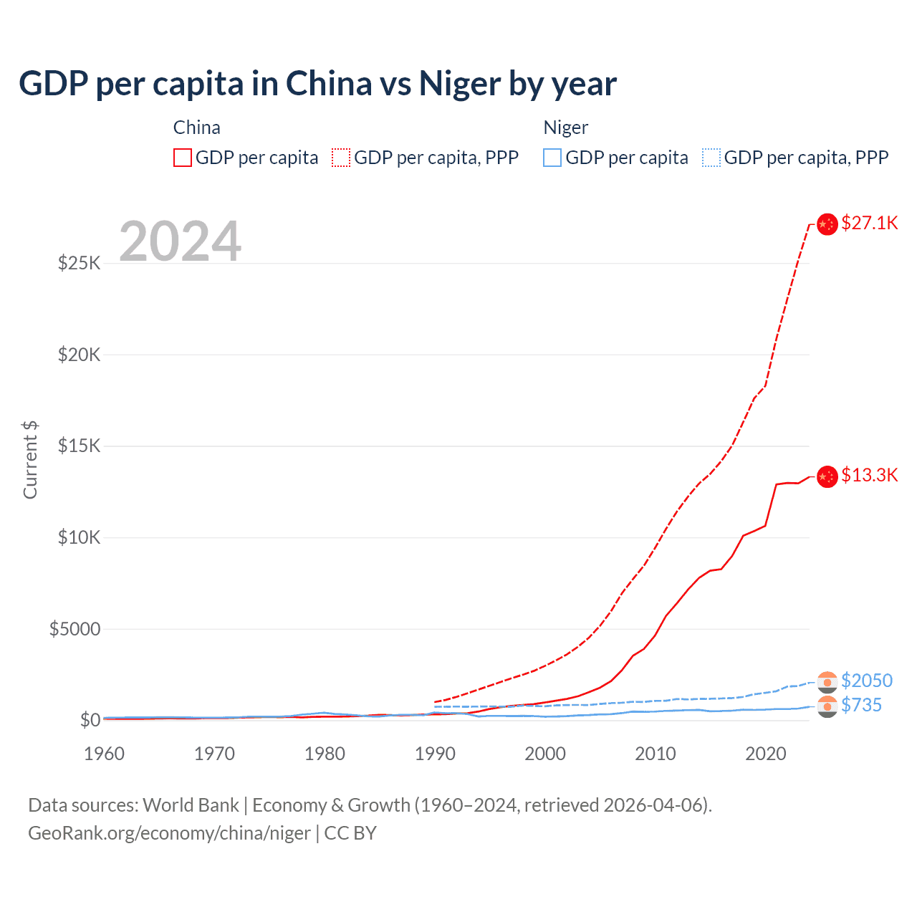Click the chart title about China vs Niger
click(x=317, y=84)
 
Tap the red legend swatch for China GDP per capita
click(x=183, y=158)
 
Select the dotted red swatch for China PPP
click(x=341, y=158)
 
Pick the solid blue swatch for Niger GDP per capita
click(x=552, y=158)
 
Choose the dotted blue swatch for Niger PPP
click(x=711, y=158)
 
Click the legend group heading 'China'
click(x=196, y=128)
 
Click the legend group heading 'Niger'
click(x=565, y=128)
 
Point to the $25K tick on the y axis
click(x=79, y=263)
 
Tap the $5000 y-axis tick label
click(x=75, y=629)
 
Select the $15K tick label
click(x=79, y=446)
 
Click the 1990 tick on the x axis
click(x=435, y=754)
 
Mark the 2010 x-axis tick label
click(x=656, y=754)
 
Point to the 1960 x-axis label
click(x=105, y=754)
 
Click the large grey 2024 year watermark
click(x=180, y=241)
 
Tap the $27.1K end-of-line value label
click(x=869, y=223)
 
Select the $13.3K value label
click(x=869, y=475)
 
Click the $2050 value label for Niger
click(x=867, y=680)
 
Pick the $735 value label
click(x=861, y=705)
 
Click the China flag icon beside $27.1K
click(x=827, y=224)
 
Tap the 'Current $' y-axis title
click(x=30, y=460)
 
